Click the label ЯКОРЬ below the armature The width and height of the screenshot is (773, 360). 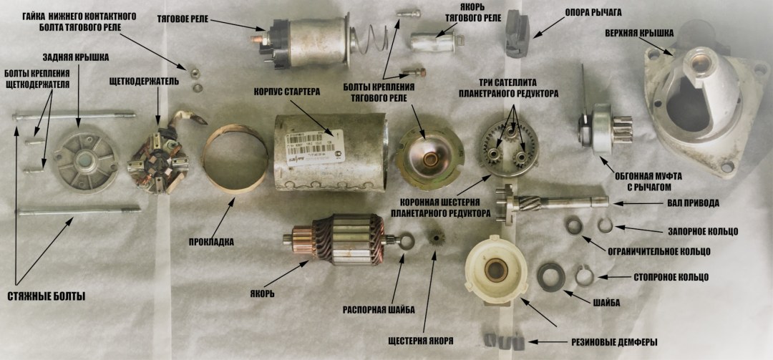(x=261, y=294)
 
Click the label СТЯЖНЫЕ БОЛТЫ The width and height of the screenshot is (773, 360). (x=47, y=296)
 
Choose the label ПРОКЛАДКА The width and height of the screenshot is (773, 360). (x=211, y=242)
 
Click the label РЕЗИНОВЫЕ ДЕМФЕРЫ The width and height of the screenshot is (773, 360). (x=614, y=342)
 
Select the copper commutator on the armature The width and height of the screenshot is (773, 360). (x=302, y=238)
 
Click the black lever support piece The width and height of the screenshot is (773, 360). (x=516, y=34)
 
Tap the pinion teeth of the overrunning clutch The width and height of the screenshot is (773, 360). (x=623, y=130)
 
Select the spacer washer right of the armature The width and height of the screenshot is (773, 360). (x=406, y=243)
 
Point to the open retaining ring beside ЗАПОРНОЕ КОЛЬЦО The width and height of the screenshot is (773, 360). (x=606, y=225)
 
